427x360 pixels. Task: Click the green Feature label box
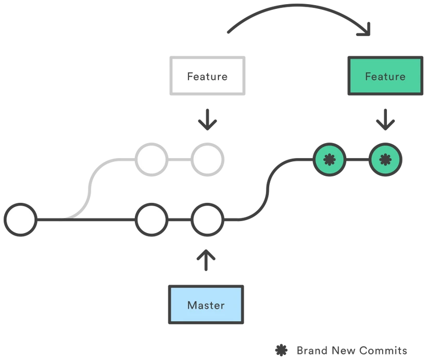click(384, 76)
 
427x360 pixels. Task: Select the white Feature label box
click(207, 76)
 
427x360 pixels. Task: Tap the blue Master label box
click(206, 305)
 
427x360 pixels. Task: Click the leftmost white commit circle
click(20, 220)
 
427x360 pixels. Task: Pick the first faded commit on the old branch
click(150, 159)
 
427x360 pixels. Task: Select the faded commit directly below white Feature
click(207, 159)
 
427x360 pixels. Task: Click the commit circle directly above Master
click(207, 220)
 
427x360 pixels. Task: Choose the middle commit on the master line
click(152, 220)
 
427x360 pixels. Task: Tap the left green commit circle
click(329, 159)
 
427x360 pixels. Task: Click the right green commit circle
click(385, 159)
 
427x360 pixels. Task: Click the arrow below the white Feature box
click(208, 121)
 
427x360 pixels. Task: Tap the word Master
click(206, 305)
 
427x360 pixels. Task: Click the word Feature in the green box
click(385, 76)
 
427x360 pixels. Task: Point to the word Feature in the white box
click(207, 76)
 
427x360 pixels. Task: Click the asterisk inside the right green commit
click(385, 159)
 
